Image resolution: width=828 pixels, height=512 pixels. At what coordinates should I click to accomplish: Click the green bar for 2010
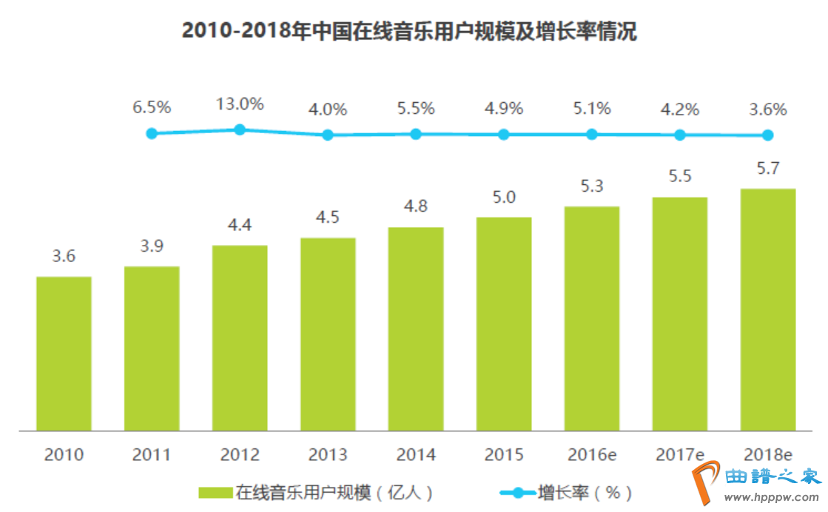(x=64, y=354)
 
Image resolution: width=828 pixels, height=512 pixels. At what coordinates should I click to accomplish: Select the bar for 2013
(x=328, y=334)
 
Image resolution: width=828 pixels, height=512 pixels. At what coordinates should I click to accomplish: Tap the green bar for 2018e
(x=768, y=309)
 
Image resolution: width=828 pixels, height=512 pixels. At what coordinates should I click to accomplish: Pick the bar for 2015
(x=504, y=324)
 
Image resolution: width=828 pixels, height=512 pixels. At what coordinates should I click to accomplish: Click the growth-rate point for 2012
(x=240, y=129)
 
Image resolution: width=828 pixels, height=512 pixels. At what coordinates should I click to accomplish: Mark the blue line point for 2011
(x=152, y=134)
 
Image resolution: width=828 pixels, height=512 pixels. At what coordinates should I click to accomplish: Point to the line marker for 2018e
(x=768, y=135)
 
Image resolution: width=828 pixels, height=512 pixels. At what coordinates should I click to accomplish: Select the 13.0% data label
(x=240, y=104)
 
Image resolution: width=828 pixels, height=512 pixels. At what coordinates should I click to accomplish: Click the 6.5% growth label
(x=152, y=107)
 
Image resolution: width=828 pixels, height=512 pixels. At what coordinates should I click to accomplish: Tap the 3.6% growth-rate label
(x=767, y=110)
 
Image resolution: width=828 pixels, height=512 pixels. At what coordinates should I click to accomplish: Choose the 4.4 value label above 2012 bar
(x=240, y=225)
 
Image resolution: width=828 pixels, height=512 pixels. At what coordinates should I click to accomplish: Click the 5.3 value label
(x=592, y=186)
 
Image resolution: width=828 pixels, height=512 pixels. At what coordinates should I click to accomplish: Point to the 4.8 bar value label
(x=416, y=206)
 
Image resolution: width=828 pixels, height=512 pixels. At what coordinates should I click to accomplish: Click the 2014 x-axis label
(x=416, y=454)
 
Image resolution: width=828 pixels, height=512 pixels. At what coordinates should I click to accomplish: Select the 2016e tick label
(x=592, y=454)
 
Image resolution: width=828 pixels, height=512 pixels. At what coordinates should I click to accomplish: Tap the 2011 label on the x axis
(x=152, y=454)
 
